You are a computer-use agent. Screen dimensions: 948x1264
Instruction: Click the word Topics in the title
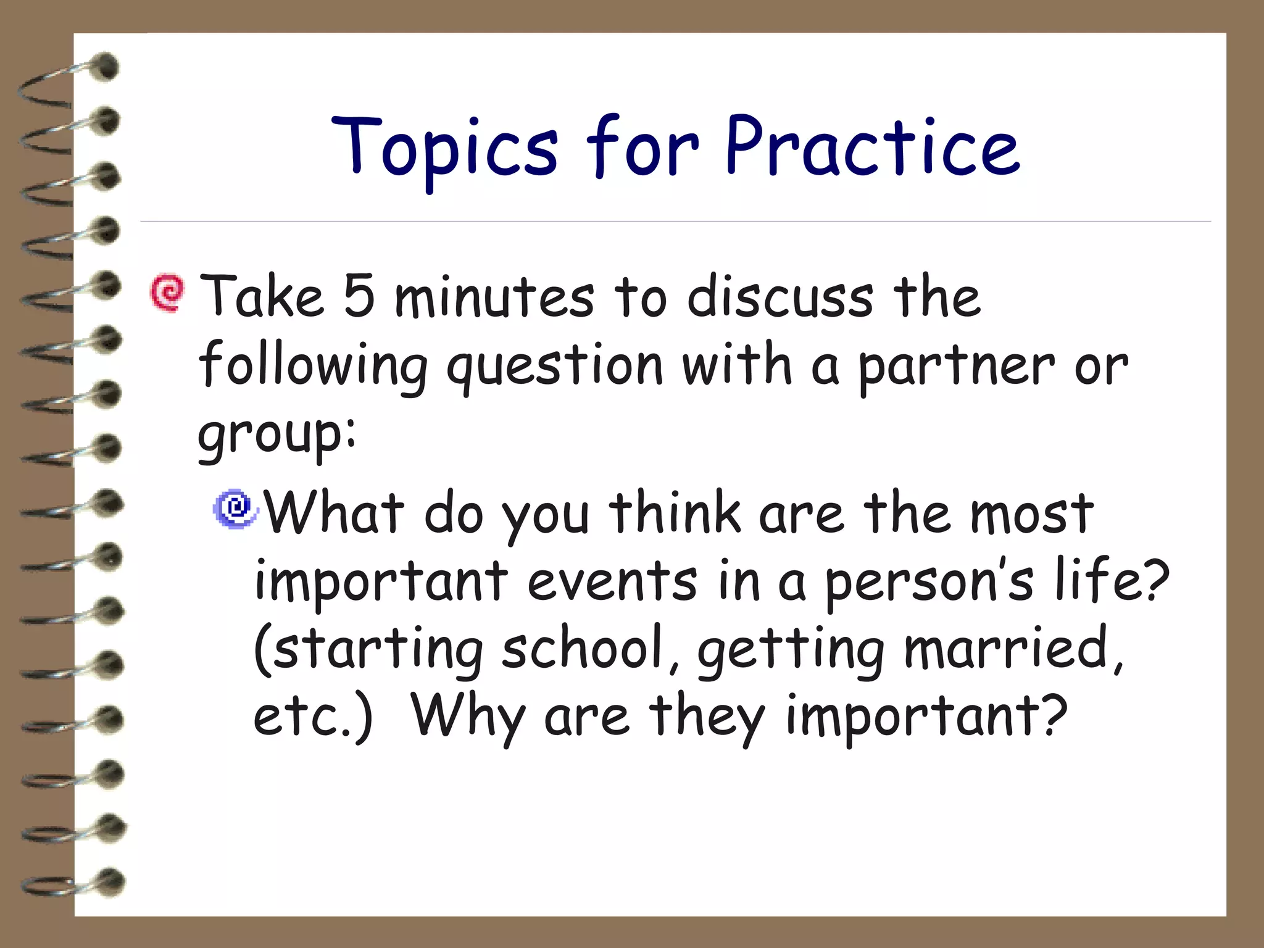[x=444, y=148]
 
